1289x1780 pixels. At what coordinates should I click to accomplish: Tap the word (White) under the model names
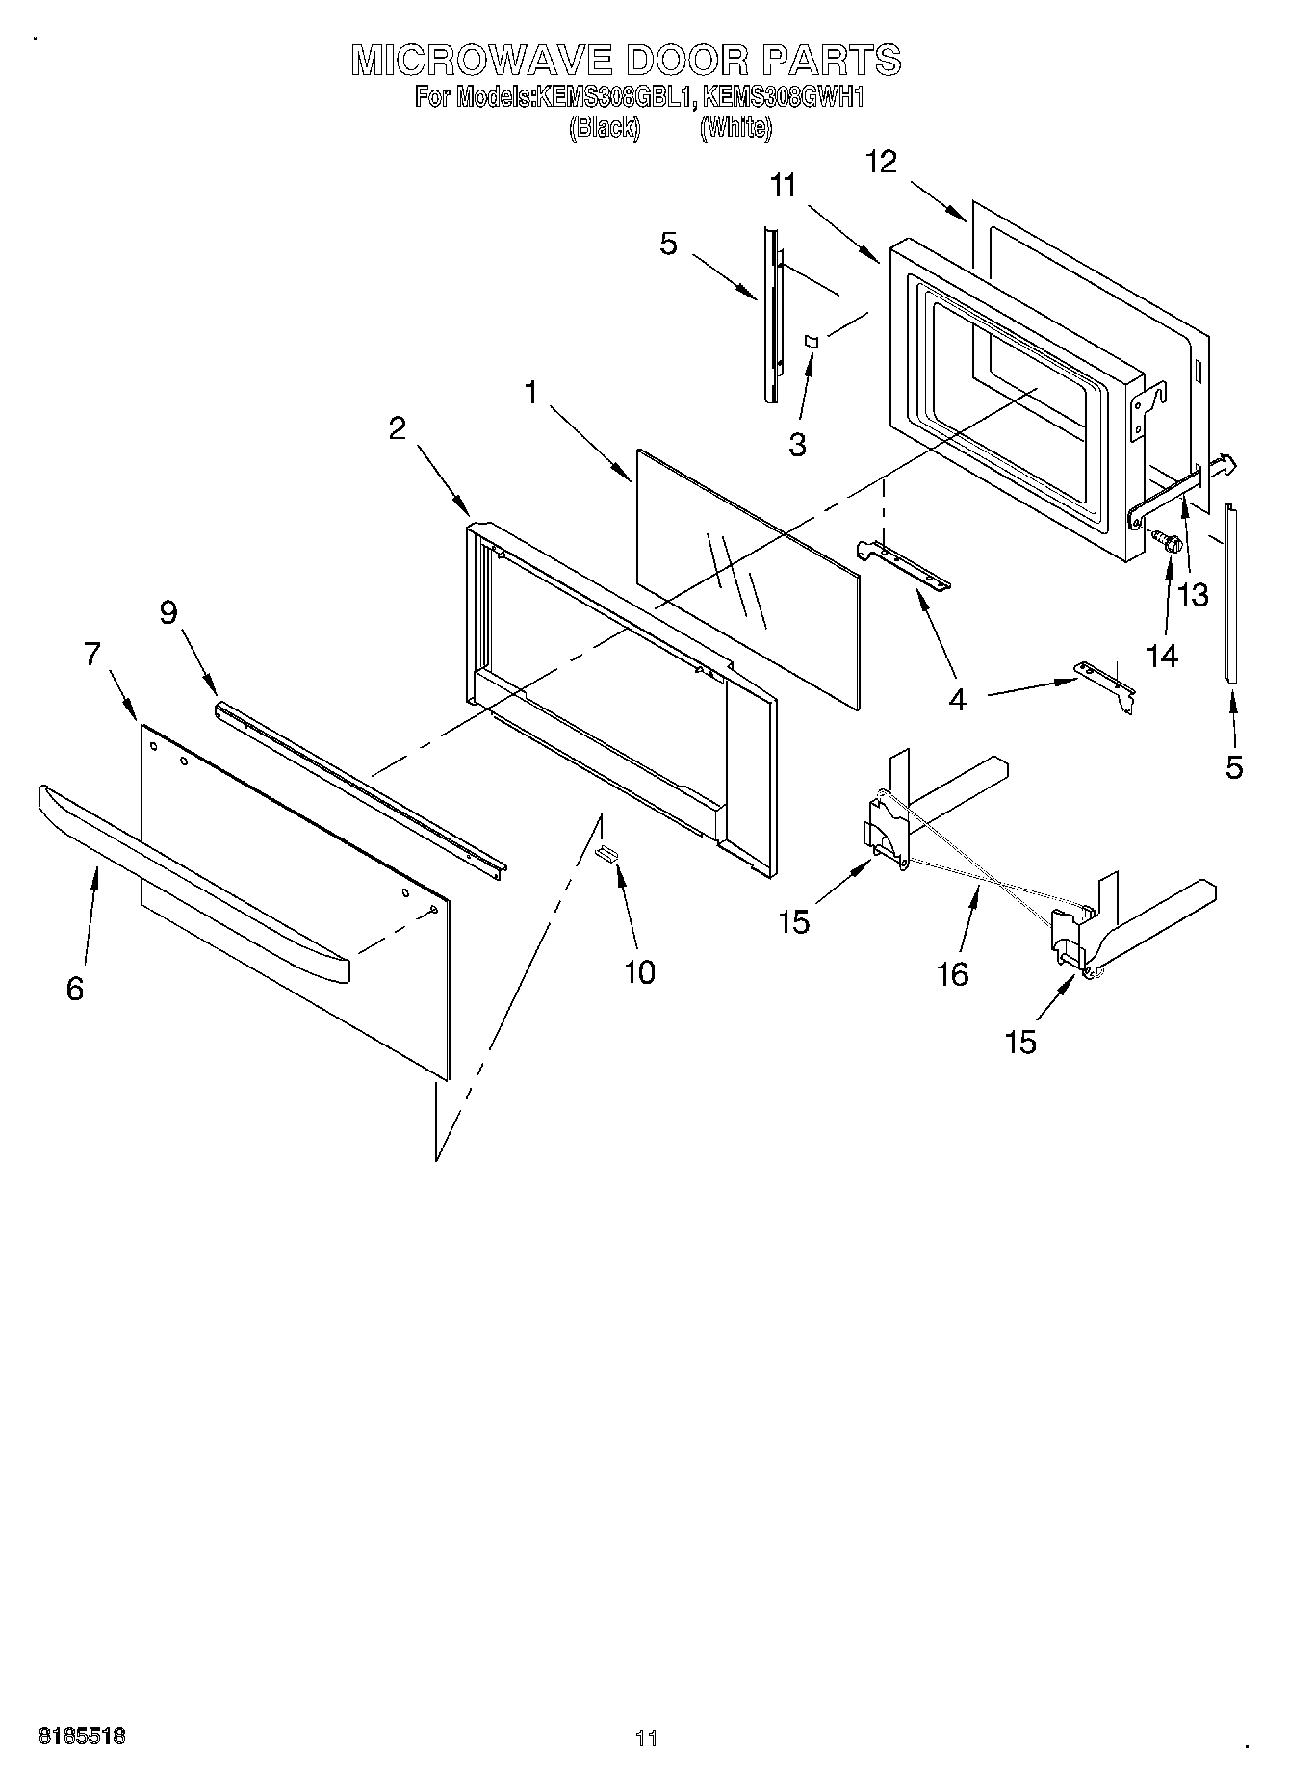click(735, 127)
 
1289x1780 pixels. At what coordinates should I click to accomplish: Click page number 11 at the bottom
click(646, 1738)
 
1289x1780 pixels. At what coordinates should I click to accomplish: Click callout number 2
click(398, 428)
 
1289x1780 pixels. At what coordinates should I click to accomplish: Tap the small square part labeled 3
click(811, 341)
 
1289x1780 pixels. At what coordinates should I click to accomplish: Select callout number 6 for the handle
click(75, 988)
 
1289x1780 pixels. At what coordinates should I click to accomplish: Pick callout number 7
click(92, 655)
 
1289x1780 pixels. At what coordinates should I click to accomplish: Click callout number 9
click(169, 612)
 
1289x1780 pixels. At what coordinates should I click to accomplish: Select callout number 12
click(881, 162)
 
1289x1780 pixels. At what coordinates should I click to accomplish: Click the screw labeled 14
click(1168, 544)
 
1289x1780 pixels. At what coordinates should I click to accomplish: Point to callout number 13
click(1193, 595)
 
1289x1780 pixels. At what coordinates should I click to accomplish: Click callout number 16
click(952, 974)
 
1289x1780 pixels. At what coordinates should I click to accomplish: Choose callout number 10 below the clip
click(639, 971)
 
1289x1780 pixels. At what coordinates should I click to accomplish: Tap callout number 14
click(1162, 656)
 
